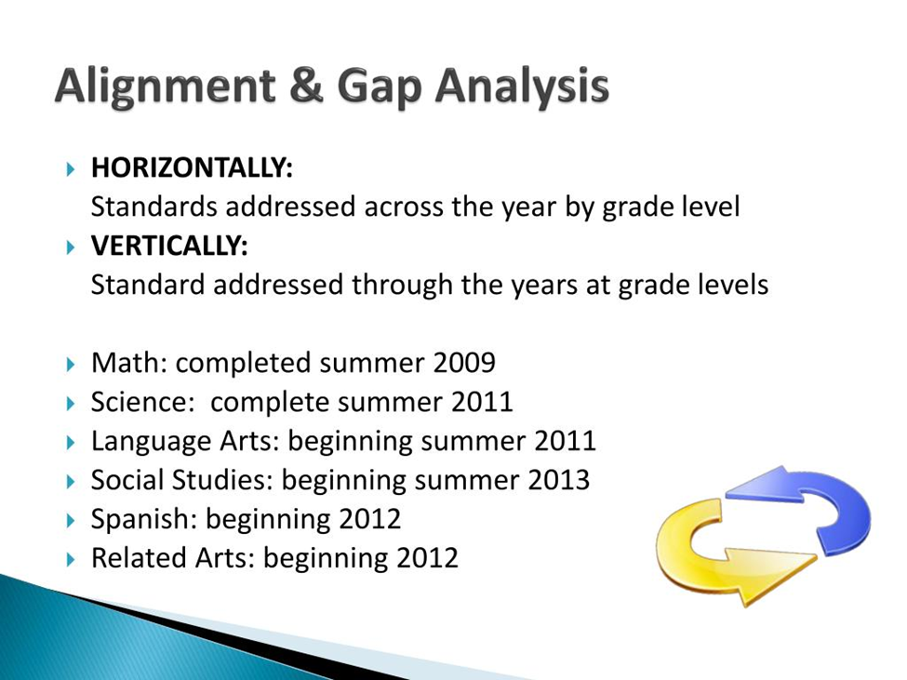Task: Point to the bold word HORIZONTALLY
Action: [x=192, y=167]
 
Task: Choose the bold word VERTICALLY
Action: [x=169, y=246]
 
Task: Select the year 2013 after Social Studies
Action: [x=558, y=480]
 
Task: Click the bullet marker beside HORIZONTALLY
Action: [x=71, y=169]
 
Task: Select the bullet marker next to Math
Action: [x=71, y=365]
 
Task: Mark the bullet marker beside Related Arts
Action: [x=71, y=559]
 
